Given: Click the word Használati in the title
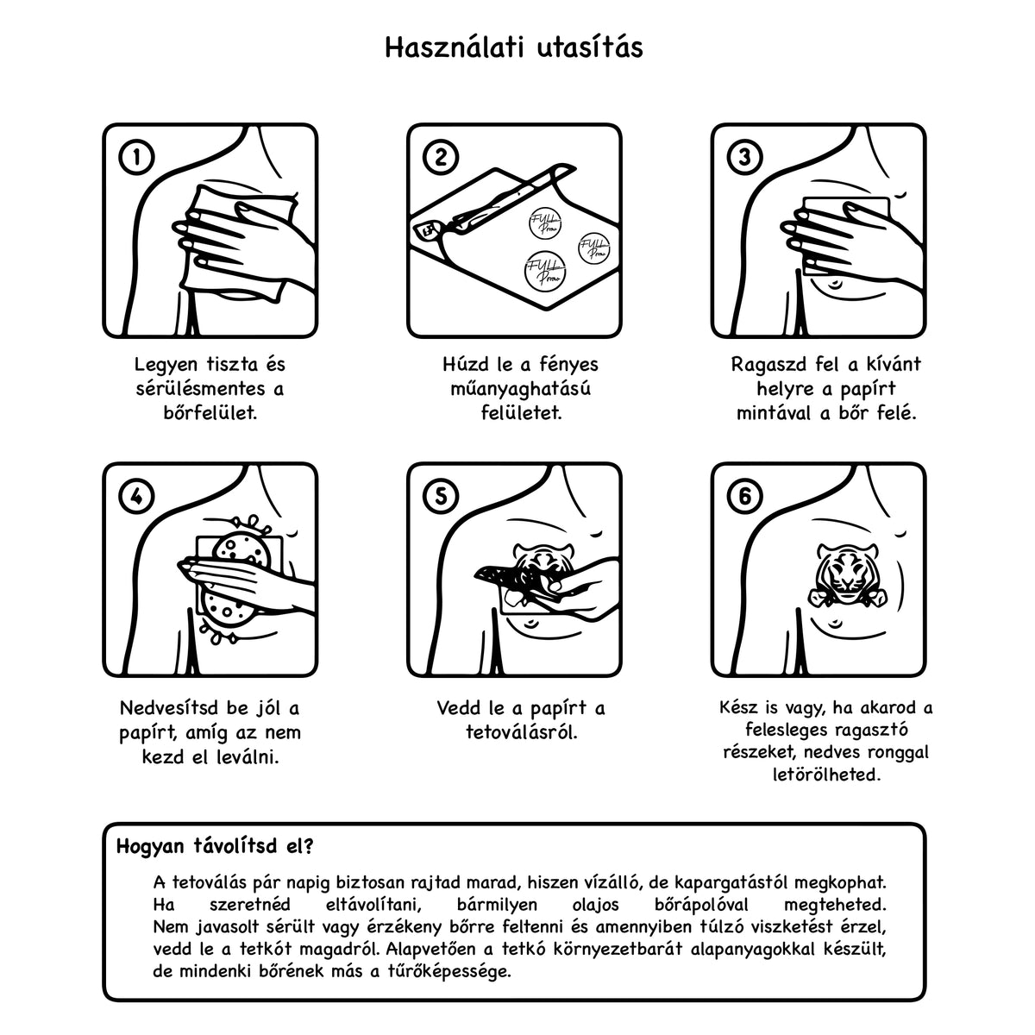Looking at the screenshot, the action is tap(455, 47).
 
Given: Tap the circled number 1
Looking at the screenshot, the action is tap(136, 157).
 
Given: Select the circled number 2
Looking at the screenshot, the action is tap(441, 157).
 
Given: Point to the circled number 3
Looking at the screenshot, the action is tap(744, 157).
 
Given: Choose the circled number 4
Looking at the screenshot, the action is tap(136, 496).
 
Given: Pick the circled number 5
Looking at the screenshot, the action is tap(441, 496).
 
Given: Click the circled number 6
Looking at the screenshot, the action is tap(744, 496).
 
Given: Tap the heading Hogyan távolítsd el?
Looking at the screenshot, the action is tap(215, 846).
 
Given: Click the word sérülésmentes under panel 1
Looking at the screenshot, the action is tap(200, 388).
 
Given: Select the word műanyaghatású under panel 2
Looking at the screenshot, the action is tap(520, 389).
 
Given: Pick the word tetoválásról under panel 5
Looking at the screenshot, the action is tap(522, 732).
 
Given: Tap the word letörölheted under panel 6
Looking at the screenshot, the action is tap(826, 775).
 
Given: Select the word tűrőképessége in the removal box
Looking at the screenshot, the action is tap(449, 972).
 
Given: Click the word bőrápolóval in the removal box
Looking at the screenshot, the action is tap(701, 905).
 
